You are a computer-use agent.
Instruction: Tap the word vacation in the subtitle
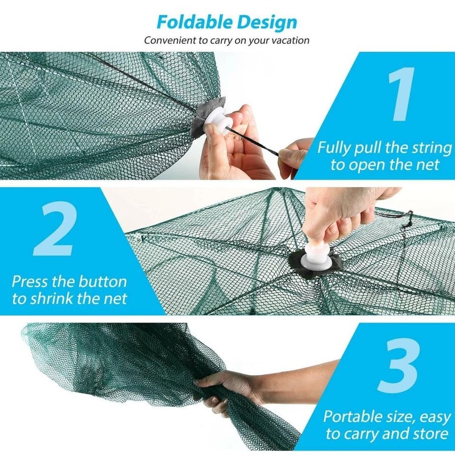coord(290,40)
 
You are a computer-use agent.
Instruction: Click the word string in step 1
coord(429,148)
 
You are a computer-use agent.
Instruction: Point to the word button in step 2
coord(102,282)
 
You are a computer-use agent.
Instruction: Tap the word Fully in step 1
coord(335,148)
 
